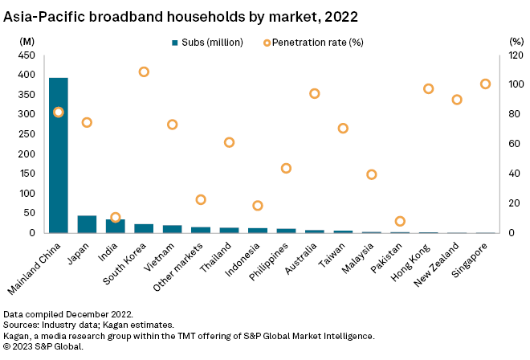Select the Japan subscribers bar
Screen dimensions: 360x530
point(87,224)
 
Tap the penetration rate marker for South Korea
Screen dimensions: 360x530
point(144,72)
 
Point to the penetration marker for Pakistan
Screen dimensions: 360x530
point(400,221)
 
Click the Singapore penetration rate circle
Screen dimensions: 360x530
point(485,84)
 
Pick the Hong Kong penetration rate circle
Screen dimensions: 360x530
point(428,88)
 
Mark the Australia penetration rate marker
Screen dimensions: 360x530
point(314,93)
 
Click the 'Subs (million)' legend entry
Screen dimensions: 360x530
point(202,42)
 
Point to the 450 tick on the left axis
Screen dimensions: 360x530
point(28,55)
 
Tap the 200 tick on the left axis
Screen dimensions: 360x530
point(28,153)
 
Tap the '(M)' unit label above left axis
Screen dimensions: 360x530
point(27,40)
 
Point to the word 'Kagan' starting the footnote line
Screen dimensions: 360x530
point(18,335)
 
